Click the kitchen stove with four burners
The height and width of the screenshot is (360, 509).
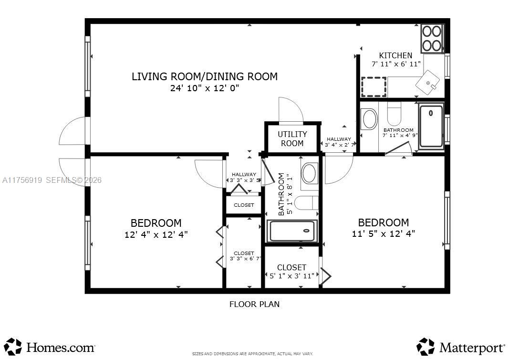[432, 38]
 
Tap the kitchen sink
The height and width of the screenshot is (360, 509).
[428, 83]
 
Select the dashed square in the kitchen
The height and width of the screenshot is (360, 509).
[374, 87]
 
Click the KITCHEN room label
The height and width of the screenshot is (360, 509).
[396, 55]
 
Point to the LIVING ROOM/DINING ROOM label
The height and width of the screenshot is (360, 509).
[205, 76]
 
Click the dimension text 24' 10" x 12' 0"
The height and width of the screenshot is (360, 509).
[205, 88]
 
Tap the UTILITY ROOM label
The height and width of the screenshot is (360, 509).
[292, 139]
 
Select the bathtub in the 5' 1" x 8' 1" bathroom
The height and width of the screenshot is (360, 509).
[292, 231]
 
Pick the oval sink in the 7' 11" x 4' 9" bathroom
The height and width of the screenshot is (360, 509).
[369, 119]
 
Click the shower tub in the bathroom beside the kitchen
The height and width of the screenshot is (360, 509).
[431, 126]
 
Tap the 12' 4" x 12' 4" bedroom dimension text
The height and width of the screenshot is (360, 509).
[156, 234]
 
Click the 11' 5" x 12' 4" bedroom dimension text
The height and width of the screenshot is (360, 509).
[384, 233]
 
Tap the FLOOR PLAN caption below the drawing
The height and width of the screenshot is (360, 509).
[255, 304]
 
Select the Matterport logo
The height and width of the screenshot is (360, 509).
[460, 347]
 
